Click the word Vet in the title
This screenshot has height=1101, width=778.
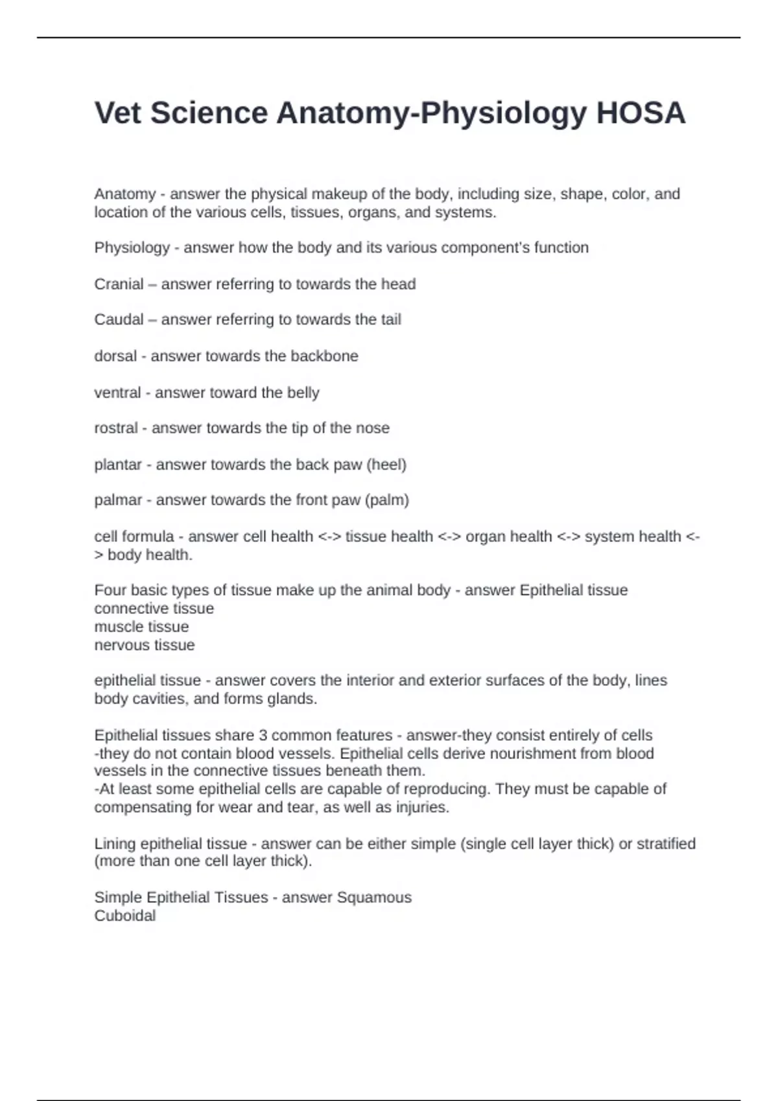[118, 113]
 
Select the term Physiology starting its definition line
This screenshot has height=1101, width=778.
[132, 248]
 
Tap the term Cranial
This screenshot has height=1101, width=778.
[119, 284]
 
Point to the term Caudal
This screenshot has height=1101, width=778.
[119, 320]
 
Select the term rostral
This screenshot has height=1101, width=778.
[116, 428]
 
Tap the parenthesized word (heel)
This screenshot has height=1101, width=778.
[386, 465]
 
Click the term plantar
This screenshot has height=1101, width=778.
[118, 465]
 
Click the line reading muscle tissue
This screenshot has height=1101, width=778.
[141, 627]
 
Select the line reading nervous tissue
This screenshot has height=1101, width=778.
[145, 645]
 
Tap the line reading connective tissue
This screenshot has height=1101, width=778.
[154, 609]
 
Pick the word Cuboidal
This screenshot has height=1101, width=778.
[124, 916]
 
